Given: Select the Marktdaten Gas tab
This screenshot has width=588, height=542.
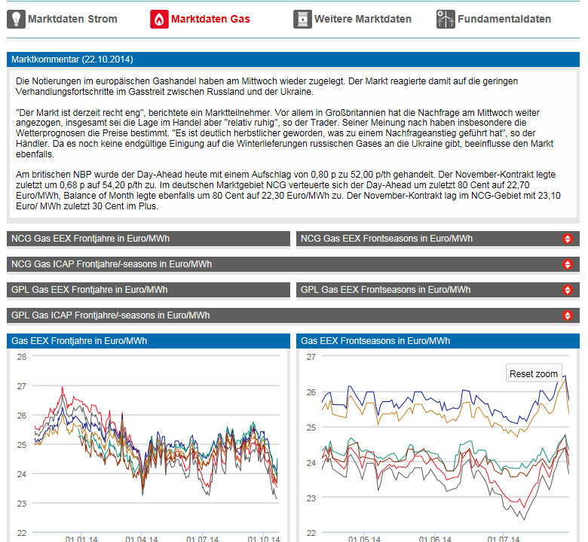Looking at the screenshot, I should tap(210, 19).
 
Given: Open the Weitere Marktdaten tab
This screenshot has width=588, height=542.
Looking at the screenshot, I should tap(363, 19).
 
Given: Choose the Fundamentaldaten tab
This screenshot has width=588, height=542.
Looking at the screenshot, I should tap(504, 19).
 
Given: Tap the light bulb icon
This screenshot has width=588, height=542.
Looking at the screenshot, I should tap(16, 19).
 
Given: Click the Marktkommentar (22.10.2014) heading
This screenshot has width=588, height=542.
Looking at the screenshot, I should tap(72, 59).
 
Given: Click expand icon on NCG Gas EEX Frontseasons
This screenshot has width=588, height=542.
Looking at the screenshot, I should tap(568, 239).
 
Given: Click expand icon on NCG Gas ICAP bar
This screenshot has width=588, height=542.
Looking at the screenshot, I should tap(568, 265).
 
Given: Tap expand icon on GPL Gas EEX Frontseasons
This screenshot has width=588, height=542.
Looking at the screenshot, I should tap(568, 291).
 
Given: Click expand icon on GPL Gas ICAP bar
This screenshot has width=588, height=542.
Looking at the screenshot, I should tap(568, 316).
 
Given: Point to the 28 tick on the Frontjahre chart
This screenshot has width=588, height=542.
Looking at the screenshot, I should tap(22, 357).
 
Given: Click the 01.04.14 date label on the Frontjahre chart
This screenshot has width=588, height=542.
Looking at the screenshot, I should tap(142, 539).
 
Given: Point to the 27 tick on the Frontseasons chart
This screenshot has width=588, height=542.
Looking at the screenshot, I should tap(311, 357).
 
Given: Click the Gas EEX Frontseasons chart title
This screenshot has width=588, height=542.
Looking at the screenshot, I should tap(375, 341).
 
